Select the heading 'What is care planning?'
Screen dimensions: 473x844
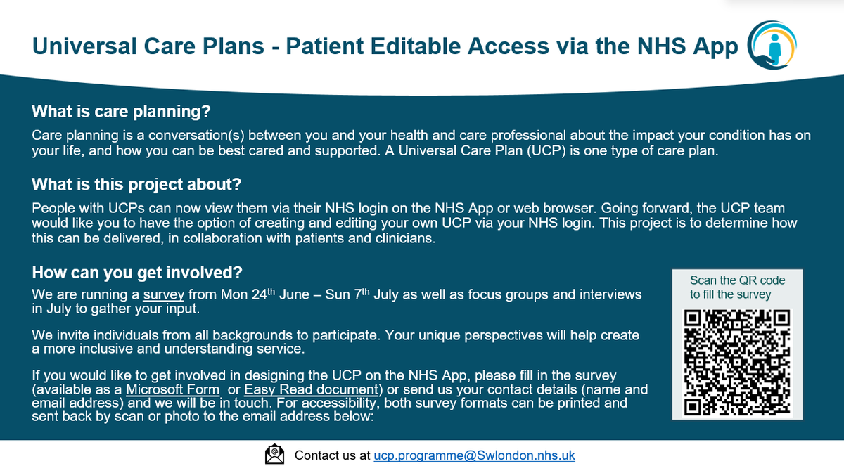(x=122, y=112)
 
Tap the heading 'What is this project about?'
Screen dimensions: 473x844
(x=137, y=186)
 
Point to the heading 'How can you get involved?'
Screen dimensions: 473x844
(x=138, y=272)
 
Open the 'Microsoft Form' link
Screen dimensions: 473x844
(x=172, y=389)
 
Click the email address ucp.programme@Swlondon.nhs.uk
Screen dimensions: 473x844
(x=474, y=455)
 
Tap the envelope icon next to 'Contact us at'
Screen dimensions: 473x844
(x=274, y=455)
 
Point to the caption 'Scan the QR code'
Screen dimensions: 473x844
(x=737, y=280)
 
